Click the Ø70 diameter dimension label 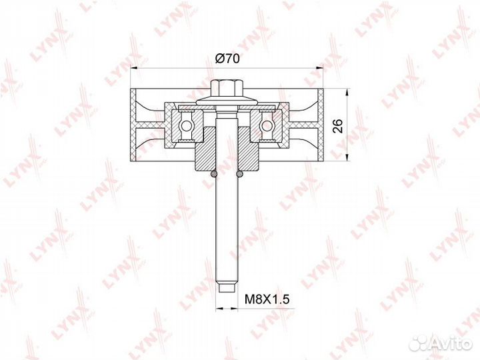227,58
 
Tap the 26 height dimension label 338,126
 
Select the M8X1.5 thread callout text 267,299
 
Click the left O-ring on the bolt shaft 214,174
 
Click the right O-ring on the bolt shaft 240,174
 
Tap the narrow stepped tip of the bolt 227,288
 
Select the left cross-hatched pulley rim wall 133,125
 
